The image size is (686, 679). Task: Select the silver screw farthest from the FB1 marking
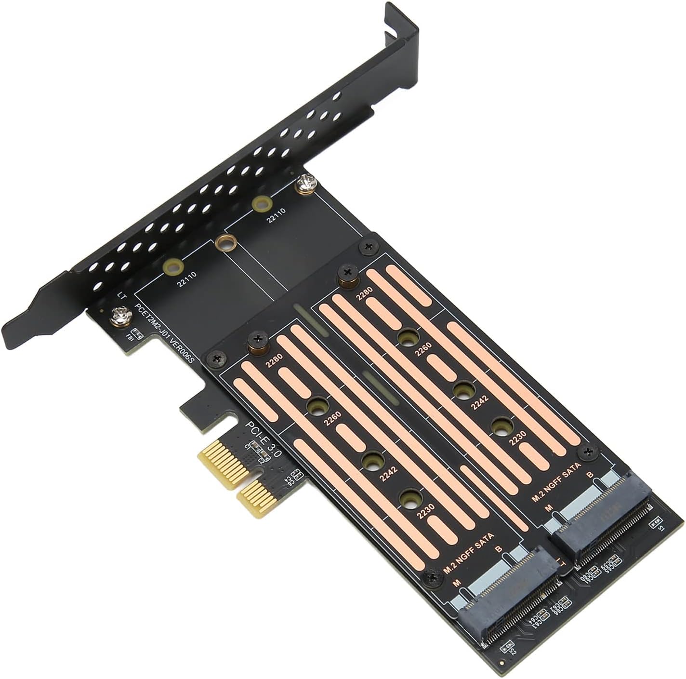[304, 184]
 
